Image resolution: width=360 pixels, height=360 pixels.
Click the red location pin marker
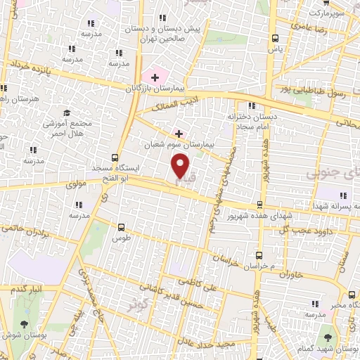[181, 165]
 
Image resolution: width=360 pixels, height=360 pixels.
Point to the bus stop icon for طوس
[122, 227]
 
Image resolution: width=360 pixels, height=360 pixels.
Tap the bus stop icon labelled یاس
[275, 38]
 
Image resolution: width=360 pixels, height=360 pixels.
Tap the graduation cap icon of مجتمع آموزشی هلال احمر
[67, 112]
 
